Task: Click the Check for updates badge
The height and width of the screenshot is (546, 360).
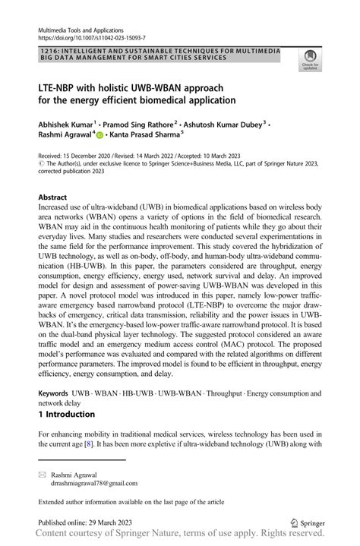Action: pyautogui.click(x=311, y=59)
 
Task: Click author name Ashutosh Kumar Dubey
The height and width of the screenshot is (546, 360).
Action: pyautogui.click(x=223, y=122)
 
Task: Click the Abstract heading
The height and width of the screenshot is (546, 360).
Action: pyautogui.click(x=55, y=196)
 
